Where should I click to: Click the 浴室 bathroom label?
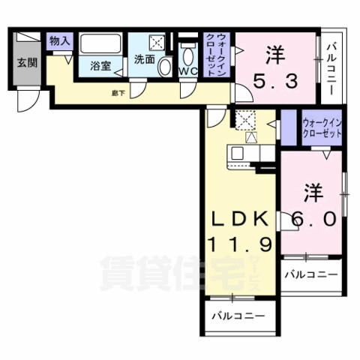click(x=101, y=66)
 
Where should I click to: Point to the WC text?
click(x=187, y=71)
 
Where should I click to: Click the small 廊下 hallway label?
click(x=118, y=93)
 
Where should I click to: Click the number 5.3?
click(x=277, y=77)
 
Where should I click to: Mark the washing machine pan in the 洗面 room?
click(x=158, y=43)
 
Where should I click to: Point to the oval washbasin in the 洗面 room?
click(x=165, y=67)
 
